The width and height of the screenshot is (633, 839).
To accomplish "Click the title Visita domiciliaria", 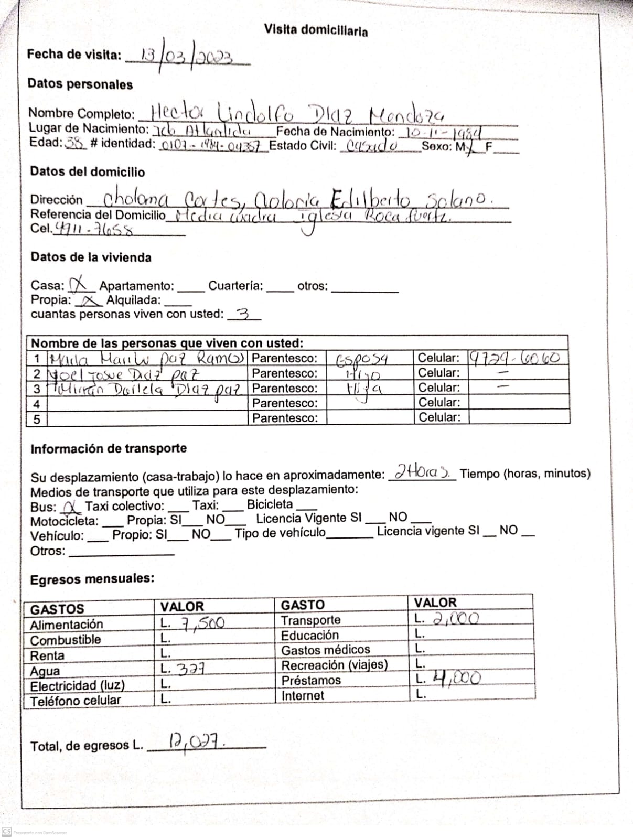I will [316, 30].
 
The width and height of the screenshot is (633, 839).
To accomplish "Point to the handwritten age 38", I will [76, 143].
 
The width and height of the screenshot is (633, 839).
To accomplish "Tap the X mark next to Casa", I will [79, 285].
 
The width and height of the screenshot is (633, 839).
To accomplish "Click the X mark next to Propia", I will [90, 300].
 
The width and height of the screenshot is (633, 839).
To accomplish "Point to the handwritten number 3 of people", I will [242, 314].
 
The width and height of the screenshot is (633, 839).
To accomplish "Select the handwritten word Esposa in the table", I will [362, 359].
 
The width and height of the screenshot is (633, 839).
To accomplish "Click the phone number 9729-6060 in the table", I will [514, 358].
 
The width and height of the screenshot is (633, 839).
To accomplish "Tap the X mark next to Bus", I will [70, 507].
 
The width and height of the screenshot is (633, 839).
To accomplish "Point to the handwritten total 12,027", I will [196, 742].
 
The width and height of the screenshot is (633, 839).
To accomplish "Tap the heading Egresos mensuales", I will [92, 579].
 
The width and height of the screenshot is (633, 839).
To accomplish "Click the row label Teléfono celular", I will [76, 701].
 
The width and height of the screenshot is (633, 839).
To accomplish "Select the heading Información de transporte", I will [109, 449].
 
